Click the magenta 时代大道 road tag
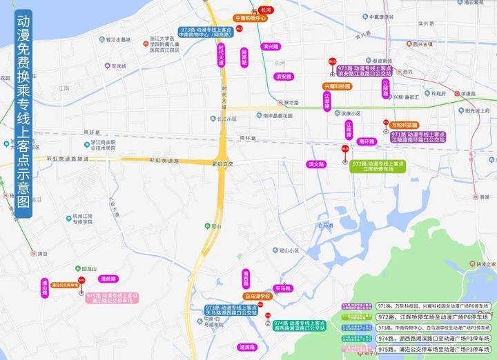[222, 56]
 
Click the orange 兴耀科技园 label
[337, 86]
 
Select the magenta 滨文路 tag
[317, 164]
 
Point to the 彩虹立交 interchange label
[223, 164]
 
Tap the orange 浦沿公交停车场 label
[64, 284]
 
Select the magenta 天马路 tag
[282, 288]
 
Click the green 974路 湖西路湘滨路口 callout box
[299, 326]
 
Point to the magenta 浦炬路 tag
[108, 279]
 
